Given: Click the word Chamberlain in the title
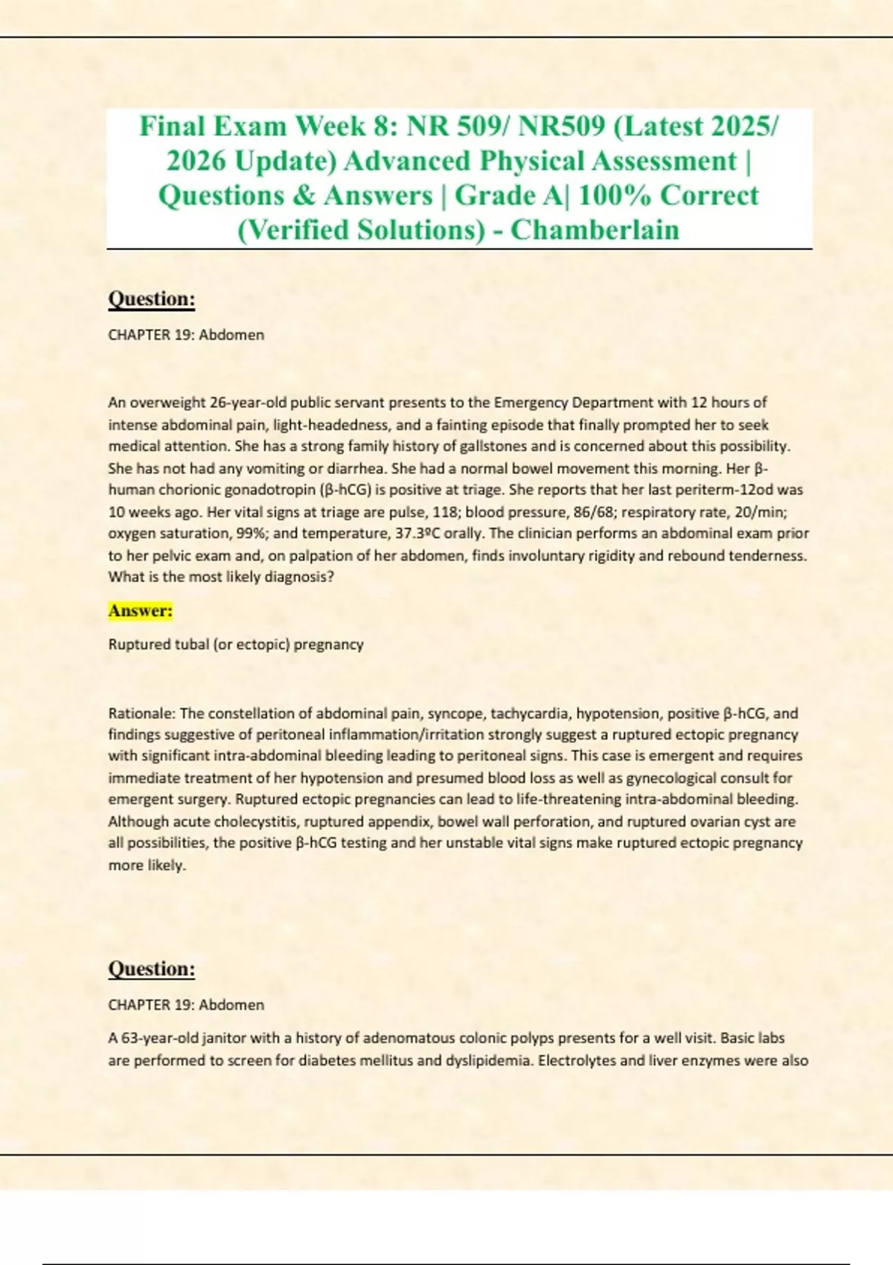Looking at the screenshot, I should tap(595, 229).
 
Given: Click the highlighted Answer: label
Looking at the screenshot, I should tap(140, 611).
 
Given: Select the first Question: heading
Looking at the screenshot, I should tap(152, 298).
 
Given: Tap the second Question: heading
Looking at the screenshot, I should tap(152, 968).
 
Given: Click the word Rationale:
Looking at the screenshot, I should tap(141, 713).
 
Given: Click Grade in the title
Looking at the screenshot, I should tap(497, 195).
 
